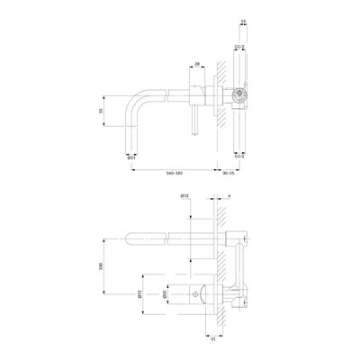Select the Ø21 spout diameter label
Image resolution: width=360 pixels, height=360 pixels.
(132, 157)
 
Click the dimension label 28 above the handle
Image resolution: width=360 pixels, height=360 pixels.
(195, 65)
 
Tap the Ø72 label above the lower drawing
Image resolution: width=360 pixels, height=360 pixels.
(184, 194)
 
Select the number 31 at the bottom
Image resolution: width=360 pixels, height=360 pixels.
(212, 338)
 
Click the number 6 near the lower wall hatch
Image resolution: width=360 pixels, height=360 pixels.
(230, 194)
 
